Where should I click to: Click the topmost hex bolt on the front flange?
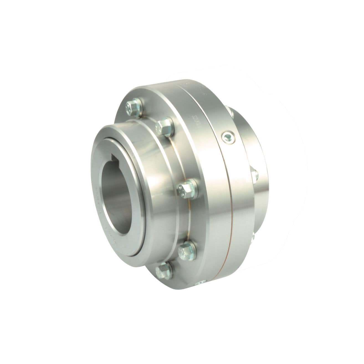point(134,107)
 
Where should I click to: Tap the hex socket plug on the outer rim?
point(228,136)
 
